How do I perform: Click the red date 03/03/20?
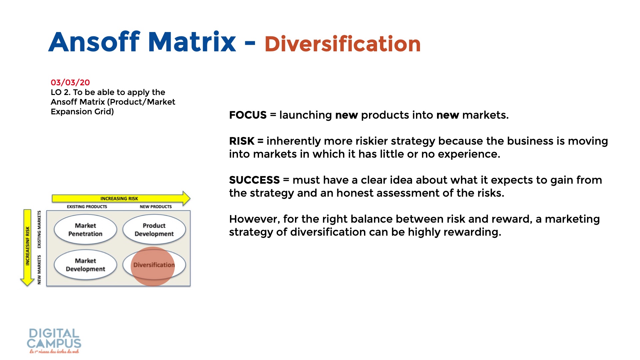[x=70, y=82]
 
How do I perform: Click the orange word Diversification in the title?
[x=343, y=44]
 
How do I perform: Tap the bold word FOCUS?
[x=248, y=115]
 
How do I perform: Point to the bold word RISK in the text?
[x=242, y=141]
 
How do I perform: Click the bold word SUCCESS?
[x=254, y=180]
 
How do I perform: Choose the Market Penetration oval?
[x=85, y=230]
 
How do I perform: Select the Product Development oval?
[x=154, y=230]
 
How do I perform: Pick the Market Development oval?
[x=85, y=265]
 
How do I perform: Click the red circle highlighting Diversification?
[x=153, y=266]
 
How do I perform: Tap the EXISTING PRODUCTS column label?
[x=87, y=207]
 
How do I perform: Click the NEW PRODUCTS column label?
[x=156, y=207]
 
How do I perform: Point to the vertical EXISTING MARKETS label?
[x=39, y=229]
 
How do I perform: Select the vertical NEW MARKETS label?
[x=39, y=270]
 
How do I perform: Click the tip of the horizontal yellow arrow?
[x=190, y=198]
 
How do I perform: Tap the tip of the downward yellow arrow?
[x=27, y=286]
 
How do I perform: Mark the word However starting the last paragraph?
[x=255, y=219]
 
